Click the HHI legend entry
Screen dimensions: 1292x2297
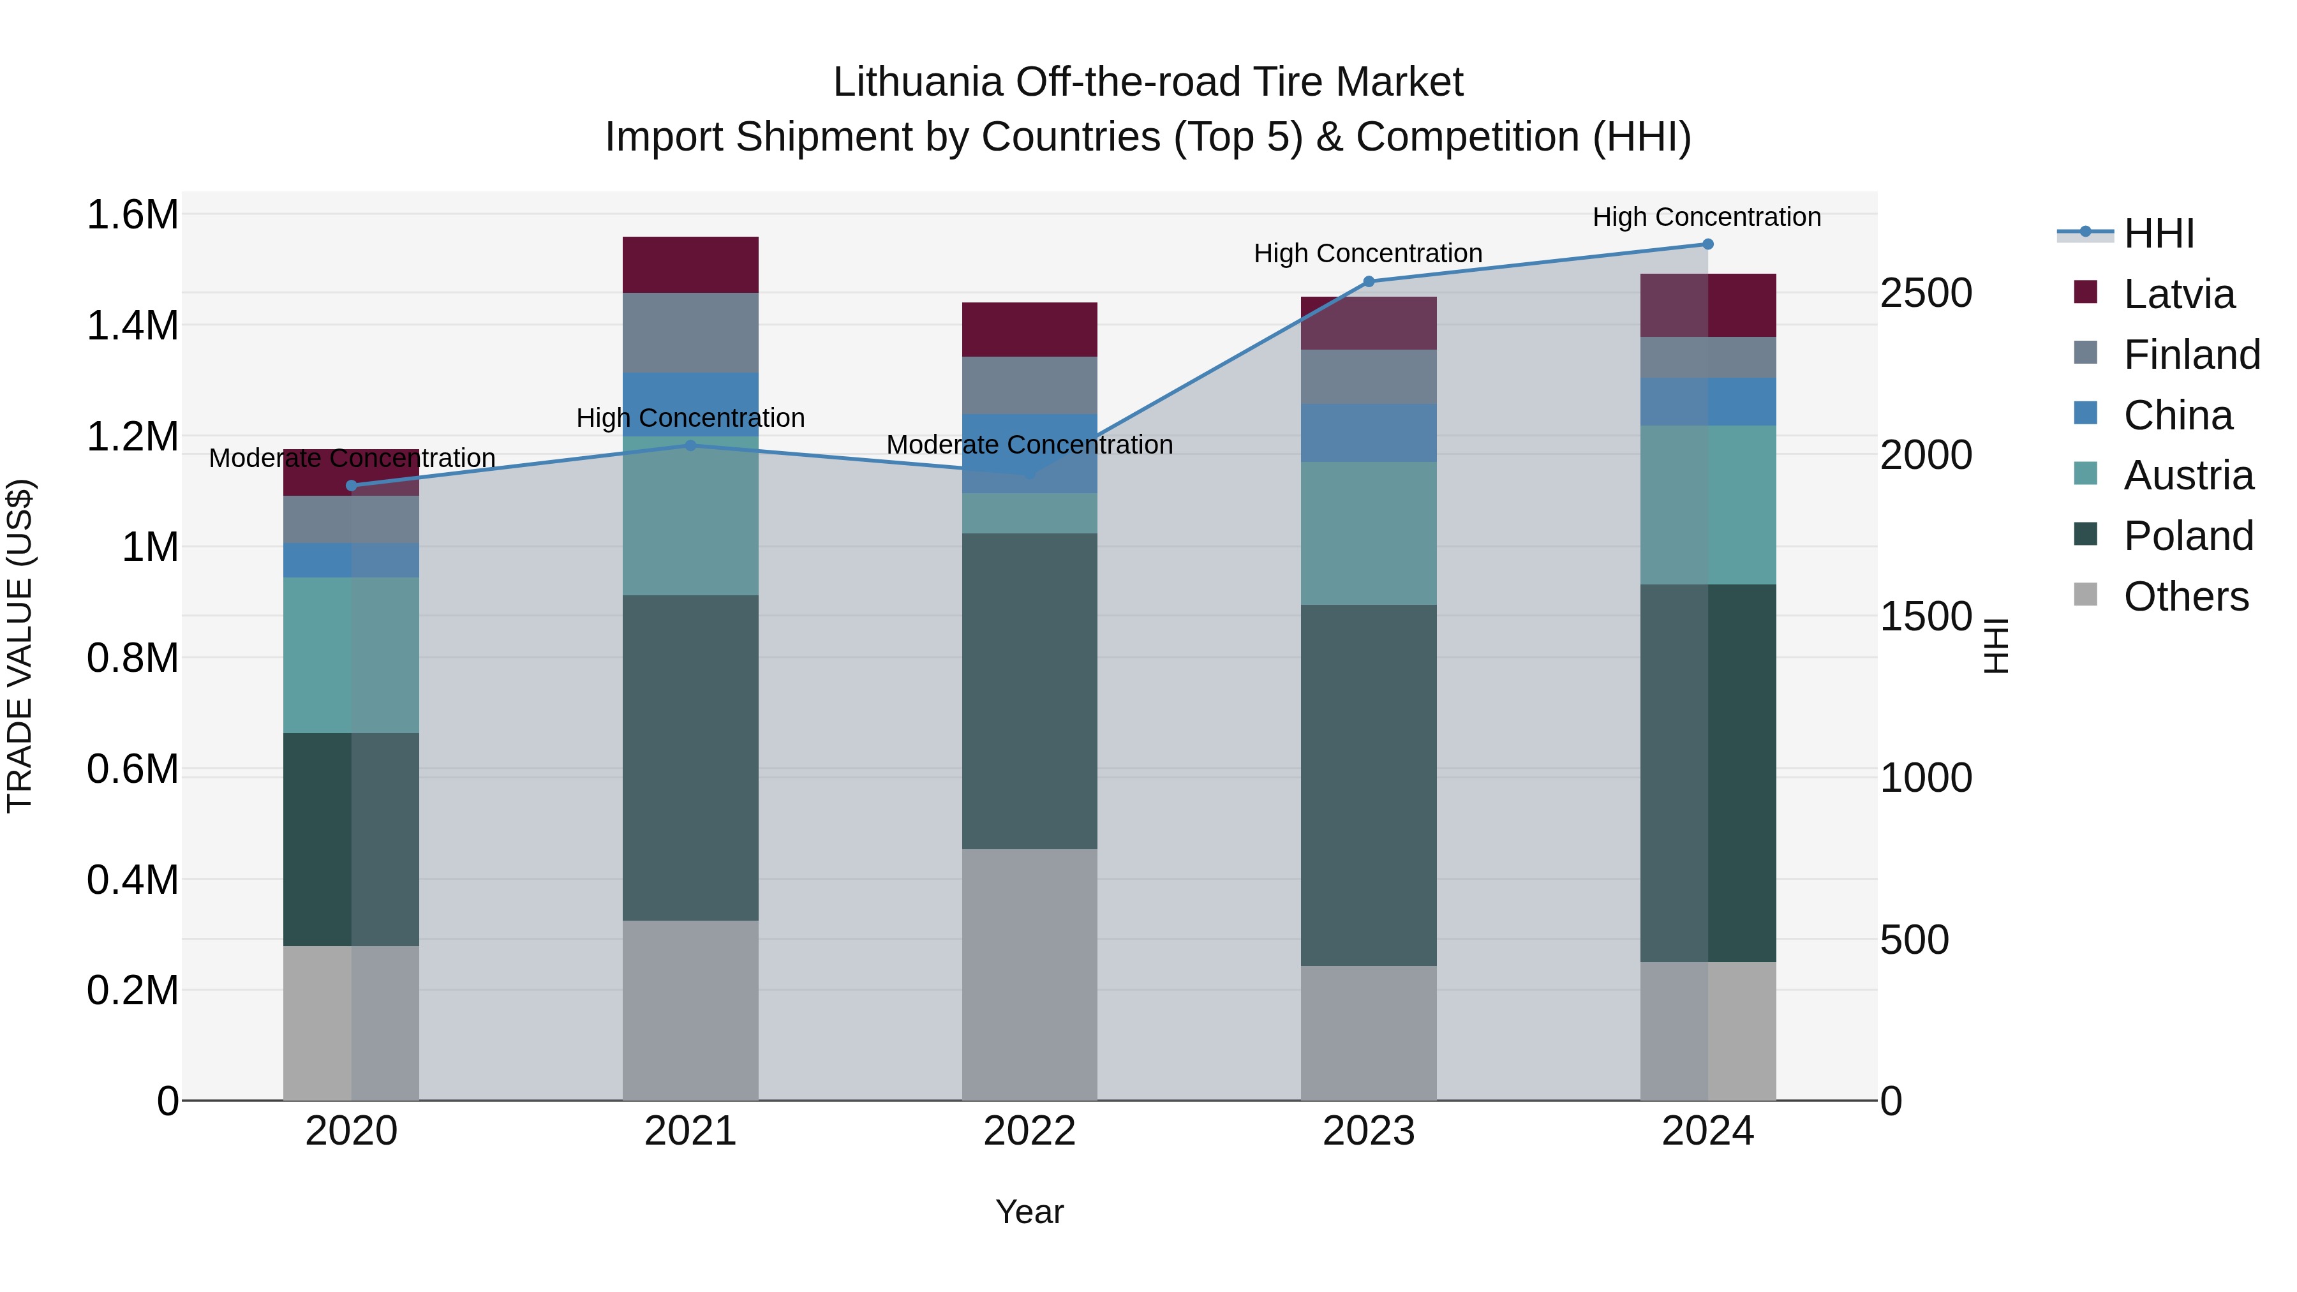tap(2158, 234)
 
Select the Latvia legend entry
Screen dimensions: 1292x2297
tap(2178, 294)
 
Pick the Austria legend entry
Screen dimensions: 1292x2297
tap(2187, 475)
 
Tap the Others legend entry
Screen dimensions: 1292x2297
tap(2185, 597)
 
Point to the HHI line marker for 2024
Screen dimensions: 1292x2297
tap(1707, 244)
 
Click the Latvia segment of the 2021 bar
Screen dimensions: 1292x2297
tap(690, 265)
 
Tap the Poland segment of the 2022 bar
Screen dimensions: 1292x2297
tap(1029, 691)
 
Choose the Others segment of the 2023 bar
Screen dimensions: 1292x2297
tap(1369, 1032)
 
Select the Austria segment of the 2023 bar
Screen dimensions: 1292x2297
tap(1369, 533)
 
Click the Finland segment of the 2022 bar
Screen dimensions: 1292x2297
tap(1029, 385)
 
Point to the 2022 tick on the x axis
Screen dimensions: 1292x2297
tap(1029, 1131)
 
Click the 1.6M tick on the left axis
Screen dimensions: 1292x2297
tap(132, 215)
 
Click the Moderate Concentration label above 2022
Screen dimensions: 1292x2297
tap(1029, 444)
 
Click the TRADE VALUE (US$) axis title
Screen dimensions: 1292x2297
tap(20, 646)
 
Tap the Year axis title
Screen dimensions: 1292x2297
tap(1029, 1212)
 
